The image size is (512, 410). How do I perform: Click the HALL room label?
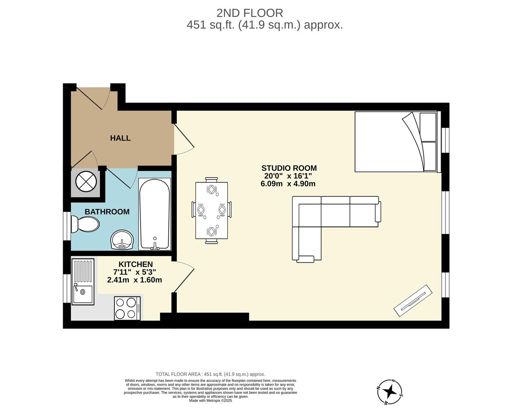click(x=120, y=138)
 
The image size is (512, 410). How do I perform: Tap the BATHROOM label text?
click(x=107, y=212)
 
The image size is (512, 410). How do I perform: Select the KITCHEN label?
click(x=135, y=264)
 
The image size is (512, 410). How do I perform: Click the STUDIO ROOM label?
click(x=289, y=168)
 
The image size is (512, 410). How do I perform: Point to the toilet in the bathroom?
click(x=85, y=224)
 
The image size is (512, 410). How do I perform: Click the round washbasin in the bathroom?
click(x=122, y=240)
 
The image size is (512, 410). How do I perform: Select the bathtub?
click(x=154, y=214)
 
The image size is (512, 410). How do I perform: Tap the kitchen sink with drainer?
click(x=83, y=282)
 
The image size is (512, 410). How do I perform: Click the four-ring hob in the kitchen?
click(x=127, y=308)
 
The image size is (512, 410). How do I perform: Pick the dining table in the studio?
click(x=211, y=210)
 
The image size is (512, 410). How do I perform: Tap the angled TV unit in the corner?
click(x=413, y=300)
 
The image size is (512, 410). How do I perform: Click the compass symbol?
click(x=390, y=391)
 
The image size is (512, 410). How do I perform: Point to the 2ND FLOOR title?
click(x=250, y=13)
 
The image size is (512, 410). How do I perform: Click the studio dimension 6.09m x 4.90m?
click(x=288, y=184)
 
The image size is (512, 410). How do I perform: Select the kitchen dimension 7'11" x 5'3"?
click(x=135, y=272)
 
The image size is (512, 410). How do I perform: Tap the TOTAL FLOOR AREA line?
click(x=210, y=374)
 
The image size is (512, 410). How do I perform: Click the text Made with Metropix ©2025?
click(x=210, y=401)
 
